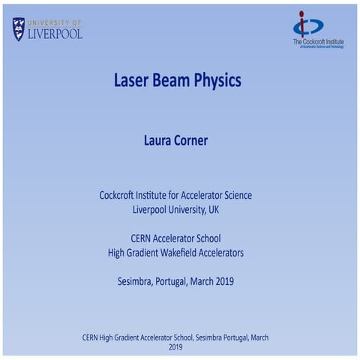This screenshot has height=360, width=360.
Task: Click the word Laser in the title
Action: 132,80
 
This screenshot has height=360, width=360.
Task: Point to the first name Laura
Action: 159,140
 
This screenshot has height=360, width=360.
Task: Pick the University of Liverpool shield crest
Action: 19,29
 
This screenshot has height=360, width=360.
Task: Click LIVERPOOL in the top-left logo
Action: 55,34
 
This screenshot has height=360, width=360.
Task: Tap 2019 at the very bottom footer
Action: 175,347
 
